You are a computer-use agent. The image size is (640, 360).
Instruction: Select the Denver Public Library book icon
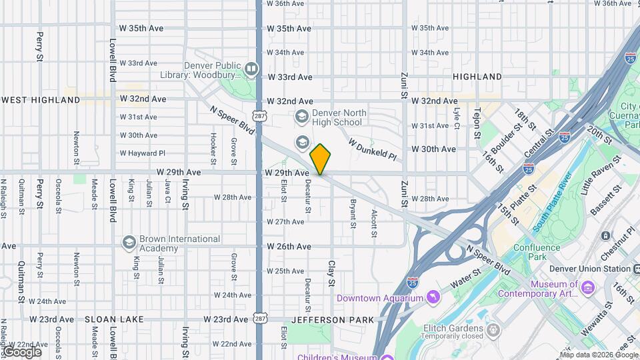tap(251, 67)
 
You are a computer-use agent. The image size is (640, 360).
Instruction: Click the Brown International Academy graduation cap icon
tap(129, 241)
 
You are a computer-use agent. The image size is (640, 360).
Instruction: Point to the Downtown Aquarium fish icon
tap(433, 296)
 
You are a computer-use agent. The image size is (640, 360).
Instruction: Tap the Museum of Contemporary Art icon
tap(587, 287)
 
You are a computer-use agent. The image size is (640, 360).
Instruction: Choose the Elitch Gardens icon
tap(493, 330)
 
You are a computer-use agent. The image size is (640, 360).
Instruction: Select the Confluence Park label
tap(537, 252)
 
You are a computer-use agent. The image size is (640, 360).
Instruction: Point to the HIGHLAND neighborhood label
tap(477, 77)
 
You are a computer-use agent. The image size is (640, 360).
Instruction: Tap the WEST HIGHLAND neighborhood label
tap(41, 100)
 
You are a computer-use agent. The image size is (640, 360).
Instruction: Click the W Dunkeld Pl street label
tap(373, 149)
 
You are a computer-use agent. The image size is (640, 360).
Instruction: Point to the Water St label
tap(467, 278)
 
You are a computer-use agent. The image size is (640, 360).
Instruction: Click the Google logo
tap(22, 351)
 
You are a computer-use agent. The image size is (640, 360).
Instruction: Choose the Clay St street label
tap(331, 273)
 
